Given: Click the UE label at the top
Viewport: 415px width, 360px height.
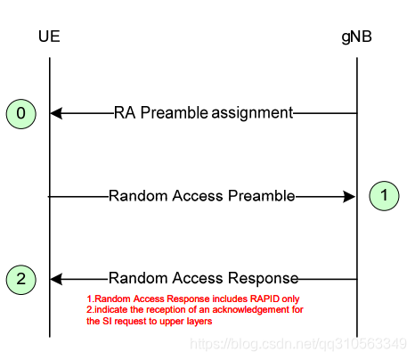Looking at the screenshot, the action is [49, 37].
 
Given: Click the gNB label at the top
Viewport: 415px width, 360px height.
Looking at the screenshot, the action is [356, 37].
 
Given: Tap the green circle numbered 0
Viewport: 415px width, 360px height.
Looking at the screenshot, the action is [21, 114].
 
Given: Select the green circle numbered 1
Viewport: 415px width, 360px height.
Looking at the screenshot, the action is [384, 196].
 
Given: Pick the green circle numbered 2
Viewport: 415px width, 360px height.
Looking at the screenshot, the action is [21, 280].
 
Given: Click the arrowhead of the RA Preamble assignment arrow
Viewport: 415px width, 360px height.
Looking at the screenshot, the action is [56, 113].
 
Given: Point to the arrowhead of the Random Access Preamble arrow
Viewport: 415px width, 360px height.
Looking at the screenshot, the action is [349, 196].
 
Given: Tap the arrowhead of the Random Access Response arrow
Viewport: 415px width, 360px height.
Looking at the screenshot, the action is [56, 279].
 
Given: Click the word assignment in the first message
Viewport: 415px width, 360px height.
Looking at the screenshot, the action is [252, 113].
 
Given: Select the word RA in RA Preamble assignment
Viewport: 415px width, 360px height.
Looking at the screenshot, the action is [125, 113].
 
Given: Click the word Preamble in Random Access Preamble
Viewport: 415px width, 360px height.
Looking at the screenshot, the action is [262, 196].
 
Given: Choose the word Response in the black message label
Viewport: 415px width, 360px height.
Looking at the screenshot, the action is [264, 279].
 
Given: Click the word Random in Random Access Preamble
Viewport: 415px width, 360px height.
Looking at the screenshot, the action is [139, 196].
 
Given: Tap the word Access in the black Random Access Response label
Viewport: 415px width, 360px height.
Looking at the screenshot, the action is [198, 278].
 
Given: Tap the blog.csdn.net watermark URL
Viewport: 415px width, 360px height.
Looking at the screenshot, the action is [298, 344].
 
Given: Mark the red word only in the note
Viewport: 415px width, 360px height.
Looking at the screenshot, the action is [290, 299].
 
